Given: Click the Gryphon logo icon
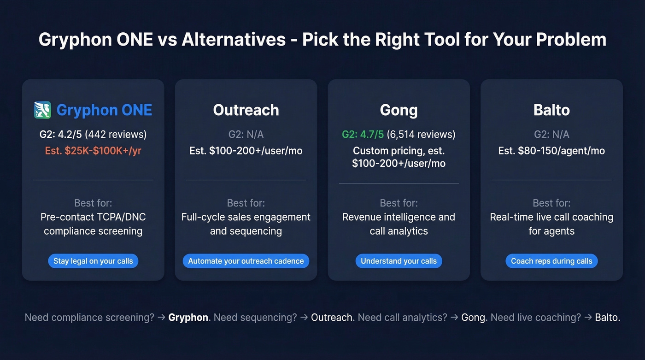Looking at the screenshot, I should coord(42,110).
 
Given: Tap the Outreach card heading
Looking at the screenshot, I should coord(246,110).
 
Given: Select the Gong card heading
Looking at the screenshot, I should coord(399,110).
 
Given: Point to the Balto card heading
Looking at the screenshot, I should coord(551,110).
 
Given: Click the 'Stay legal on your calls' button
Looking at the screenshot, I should coord(93,261).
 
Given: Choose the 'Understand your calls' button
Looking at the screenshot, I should coord(399,261).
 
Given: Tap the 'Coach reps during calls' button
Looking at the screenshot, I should coord(551,261).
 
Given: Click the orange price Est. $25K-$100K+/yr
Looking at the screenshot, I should coord(93,151).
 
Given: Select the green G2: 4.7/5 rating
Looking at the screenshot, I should coord(363,135).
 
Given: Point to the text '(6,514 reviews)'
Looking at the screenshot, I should coord(421,135).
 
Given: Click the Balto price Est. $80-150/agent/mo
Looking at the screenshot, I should coord(551,151).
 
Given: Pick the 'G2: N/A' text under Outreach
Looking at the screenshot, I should coord(246,135).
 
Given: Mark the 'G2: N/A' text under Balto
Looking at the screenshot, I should coord(551,135).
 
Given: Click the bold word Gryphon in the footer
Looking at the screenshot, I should coord(188,318).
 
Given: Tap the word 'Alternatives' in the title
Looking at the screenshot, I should coord(234,40).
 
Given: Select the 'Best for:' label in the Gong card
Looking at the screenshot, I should coord(399,203).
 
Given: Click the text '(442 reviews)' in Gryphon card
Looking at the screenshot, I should coord(116,135).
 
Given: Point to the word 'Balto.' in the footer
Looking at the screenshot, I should coord(608,318).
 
